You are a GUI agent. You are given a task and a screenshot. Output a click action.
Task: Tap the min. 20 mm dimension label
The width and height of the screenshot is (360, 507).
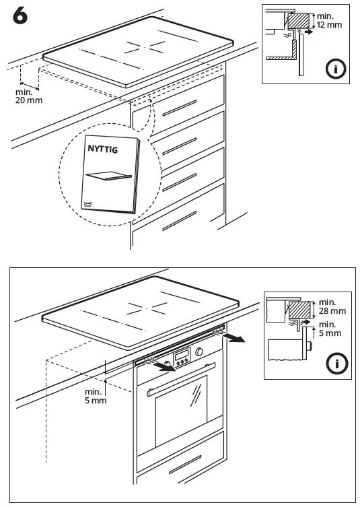pyautogui.click(x=27, y=96)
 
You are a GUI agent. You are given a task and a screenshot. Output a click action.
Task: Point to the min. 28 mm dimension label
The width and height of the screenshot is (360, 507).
pyautogui.click(x=332, y=307)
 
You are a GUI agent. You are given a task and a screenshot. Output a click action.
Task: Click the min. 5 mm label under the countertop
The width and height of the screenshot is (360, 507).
pyautogui.click(x=96, y=395)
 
